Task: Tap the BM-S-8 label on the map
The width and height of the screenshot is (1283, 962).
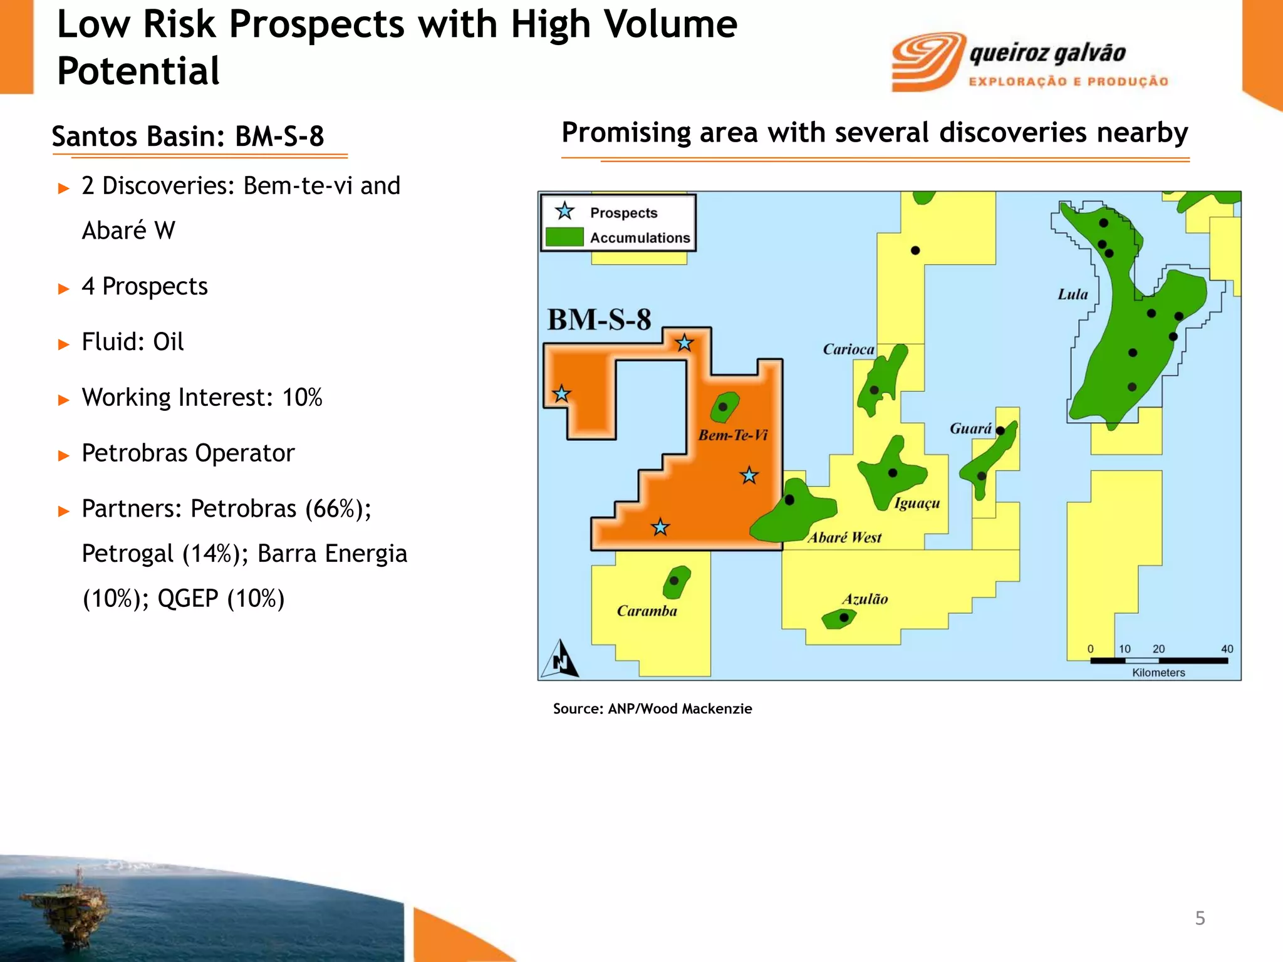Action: click(x=599, y=320)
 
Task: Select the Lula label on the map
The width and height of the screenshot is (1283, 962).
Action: click(x=1073, y=294)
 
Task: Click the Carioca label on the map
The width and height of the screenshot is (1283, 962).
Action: click(x=848, y=349)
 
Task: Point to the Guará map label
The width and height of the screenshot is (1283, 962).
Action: click(x=970, y=429)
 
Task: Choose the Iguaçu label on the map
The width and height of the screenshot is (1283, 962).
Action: click(x=917, y=504)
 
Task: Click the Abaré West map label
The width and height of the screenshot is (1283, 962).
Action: click(x=844, y=537)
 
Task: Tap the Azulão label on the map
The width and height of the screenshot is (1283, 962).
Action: click(x=865, y=599)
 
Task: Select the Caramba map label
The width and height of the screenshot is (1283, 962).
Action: click(x=647, y=611)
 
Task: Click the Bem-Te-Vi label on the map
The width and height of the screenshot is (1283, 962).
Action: click(x=732, y=435)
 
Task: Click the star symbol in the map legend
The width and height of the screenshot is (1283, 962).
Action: click(x=564, y=212)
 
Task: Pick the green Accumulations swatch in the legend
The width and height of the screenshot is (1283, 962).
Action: click(x=564, y=237)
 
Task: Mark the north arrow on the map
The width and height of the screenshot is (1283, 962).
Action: click(x=561, y=659)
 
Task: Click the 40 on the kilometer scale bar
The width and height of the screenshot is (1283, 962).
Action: click(x=1227, y=649)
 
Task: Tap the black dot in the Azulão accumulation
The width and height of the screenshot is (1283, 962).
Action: click(x=844, y=618)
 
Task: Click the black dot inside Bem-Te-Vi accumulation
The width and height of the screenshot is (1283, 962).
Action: click(x=723, y=407)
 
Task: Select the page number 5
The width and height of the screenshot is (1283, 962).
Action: click(x=1200, y=918)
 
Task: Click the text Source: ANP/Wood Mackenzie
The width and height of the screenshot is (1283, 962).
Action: click(x=652, y=709)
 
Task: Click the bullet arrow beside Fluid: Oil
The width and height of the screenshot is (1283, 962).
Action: click(x=63, y=344)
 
